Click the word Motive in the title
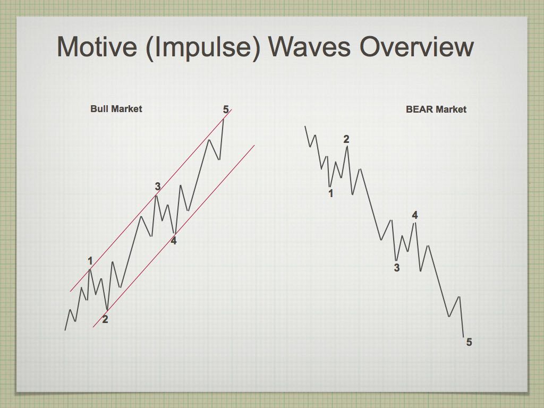coord(97,47)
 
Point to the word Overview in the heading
coord(416,47)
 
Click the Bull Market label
coord(116,109)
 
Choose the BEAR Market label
coord(436,109)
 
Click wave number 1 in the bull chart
coord(90,261)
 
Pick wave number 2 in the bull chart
coord(105,319)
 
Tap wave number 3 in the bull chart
coord(157,186)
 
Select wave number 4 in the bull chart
coord(174,241)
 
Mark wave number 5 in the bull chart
coord(226,109)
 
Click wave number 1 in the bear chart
coord(330,193)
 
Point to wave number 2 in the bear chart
coord(346,139)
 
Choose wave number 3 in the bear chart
coord(397,268)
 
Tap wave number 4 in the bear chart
coord(415,215)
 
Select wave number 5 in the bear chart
coord(469,342)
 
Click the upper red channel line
coord(151,200)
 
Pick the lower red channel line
coord(174,236)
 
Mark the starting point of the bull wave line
coord(65,330)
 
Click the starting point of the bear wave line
coord(305,126)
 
